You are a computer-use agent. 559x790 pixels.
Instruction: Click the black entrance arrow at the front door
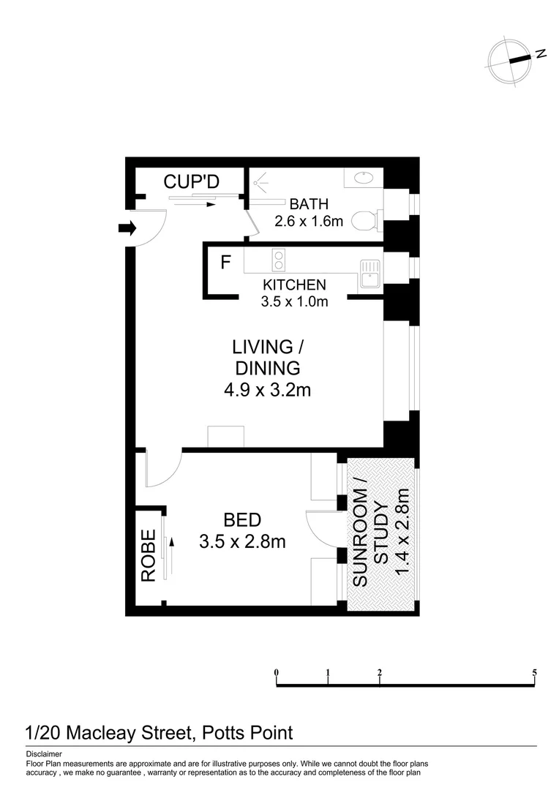pyautogui.click(x=127, y=229)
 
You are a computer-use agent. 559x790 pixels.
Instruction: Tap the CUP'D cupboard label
pyautogui.click(x=192, y=181)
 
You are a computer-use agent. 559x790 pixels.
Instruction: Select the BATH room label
pyautogui.click(x=309, y=204)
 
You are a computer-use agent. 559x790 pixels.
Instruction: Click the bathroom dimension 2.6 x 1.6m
pyautogui.click(x=309, y=221)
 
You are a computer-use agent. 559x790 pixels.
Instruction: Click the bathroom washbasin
pyautogui.click(x=363, y=177)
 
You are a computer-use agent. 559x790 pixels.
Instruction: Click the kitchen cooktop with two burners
pyautogui.click(x=279, y=260)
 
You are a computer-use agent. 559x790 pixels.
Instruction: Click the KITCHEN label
pyautogui.click(x=294, y=285)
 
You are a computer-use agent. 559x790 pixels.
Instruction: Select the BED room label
pyautogui.click(x=242, y=520)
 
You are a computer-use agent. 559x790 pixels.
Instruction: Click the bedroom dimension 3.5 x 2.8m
pyautogui.click(x=242, y=542)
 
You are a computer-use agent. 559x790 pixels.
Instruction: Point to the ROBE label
pyautogui.click(x=149, y=555)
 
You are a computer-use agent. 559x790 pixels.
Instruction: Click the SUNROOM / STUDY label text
pyautogui.click(x=369, y=532)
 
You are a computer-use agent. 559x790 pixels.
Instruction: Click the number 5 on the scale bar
pyautogui.click(x=535, y=672)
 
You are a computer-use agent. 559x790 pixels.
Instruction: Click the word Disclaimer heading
pyautogui.click(x=44, y=753)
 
